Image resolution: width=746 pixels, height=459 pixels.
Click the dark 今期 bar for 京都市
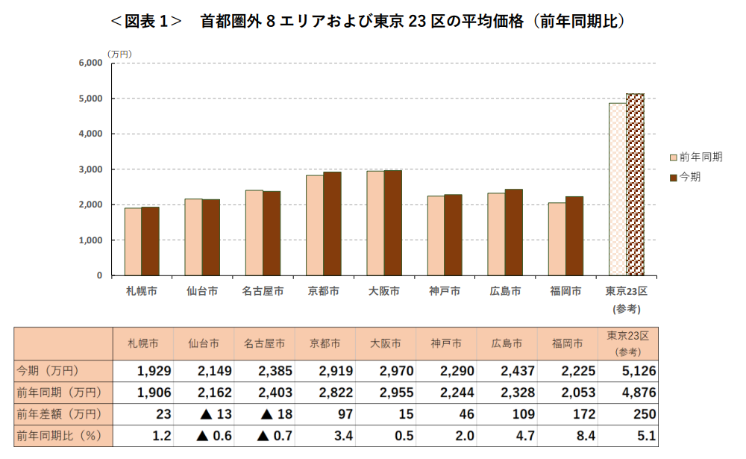click(332, 224)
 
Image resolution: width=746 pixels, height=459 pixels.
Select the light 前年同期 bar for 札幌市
click(133, 242)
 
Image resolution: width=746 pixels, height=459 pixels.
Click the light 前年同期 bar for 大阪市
click(375, 223)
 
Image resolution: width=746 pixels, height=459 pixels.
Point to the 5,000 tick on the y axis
click(90, 99)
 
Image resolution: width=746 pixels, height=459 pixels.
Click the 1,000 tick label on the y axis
click(90, 240)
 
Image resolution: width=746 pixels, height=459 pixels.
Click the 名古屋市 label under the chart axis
click(263, 291)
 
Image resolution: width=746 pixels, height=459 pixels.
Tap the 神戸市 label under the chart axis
click(445, 291)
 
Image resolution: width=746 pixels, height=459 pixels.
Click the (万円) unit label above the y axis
click(119, 54)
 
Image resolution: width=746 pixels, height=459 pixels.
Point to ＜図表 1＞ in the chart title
click(146, 21)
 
